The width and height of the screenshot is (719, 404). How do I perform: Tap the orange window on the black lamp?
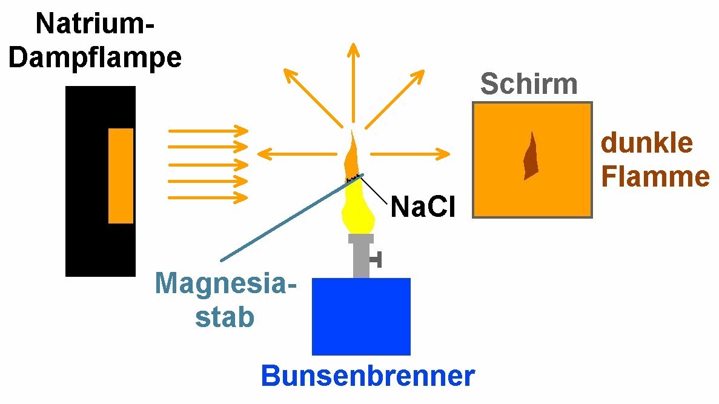tap(121, 176)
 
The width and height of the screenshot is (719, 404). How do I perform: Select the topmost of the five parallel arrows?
tap(208, 131)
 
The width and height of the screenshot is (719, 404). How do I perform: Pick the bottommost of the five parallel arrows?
tap(208, 197)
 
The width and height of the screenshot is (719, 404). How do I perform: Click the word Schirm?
tap(528, 84)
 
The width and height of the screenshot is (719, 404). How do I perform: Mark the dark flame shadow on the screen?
tap(531, 157)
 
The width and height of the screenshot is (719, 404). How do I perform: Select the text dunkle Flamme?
tap(654, 160)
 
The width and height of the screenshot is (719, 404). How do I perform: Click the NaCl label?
tap(422, 207)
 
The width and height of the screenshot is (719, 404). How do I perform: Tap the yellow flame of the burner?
tap(359, 209)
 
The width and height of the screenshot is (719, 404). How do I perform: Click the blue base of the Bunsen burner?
tap(361, 316)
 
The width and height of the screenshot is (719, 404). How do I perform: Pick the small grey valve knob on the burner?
tap(376, 260)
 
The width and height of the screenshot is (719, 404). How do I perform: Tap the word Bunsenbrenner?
tap(368, 376)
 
